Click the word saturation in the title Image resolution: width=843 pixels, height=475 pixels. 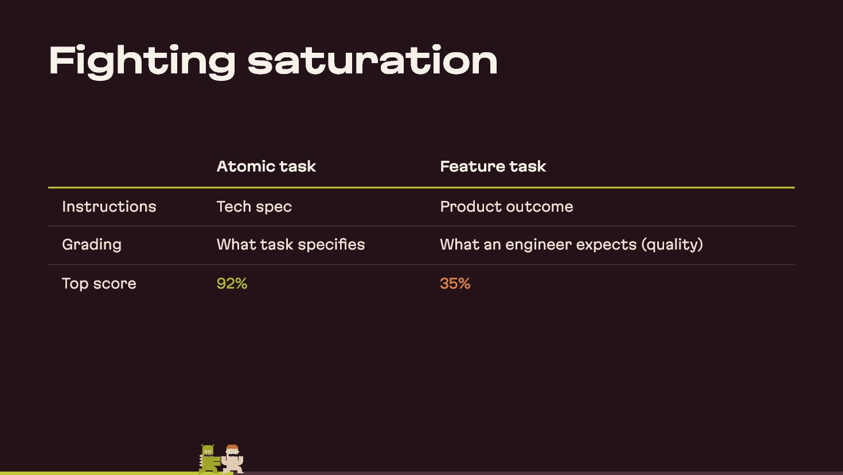tap(373, 60)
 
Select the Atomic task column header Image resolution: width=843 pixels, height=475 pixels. tap(266, 166)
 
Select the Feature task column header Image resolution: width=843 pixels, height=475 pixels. tap(493, 166)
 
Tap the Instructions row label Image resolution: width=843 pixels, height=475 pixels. tap(109, 207)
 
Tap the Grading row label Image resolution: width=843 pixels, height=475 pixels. tap(92, 245)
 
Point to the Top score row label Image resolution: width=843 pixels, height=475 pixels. tap(99, 284)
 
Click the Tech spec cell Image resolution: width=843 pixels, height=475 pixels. tap(254, 207)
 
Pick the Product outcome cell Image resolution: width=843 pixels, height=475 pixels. tap(506, 207)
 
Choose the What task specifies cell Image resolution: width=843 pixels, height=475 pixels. tap(291, 245)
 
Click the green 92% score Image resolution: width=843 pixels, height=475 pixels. tap(232, 283)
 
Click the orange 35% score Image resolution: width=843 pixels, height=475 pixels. tap(455, 283)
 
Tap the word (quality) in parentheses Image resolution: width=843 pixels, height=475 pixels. tap(672, 245)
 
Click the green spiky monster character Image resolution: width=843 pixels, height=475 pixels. tap(209, 458)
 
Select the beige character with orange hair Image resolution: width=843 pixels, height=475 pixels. tap(232, 459)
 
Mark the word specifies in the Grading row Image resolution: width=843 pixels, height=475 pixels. tap(331, 245)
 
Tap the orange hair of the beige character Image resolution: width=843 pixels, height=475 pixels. tap(232, 447)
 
